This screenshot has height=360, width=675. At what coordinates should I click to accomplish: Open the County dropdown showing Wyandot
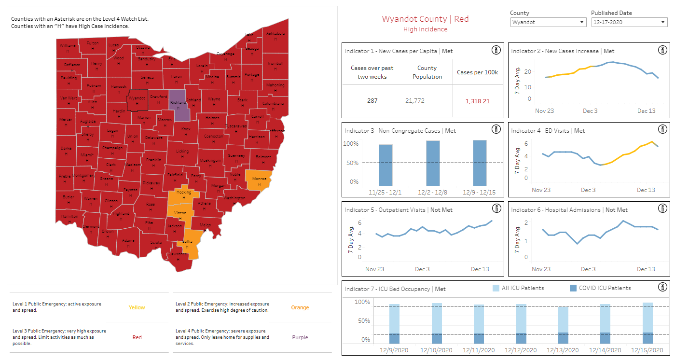(548, 22)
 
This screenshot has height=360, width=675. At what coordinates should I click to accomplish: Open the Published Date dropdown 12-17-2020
(629, 22)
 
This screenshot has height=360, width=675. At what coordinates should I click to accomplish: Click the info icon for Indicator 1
(496, 50)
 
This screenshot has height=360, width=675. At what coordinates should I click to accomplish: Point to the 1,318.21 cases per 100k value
(477, 101)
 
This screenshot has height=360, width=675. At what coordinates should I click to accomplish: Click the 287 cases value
(372, 101)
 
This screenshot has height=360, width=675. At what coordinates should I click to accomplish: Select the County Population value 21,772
(427, 101)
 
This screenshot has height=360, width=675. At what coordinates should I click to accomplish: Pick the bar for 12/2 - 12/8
(433, 163)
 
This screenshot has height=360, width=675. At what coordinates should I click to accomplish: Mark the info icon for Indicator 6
(663, 209)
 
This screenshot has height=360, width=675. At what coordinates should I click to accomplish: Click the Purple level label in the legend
(300, 337)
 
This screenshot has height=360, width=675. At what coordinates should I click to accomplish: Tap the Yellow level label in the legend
(137, 307)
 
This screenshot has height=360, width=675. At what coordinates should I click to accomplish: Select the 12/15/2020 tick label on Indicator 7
(648, 350)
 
